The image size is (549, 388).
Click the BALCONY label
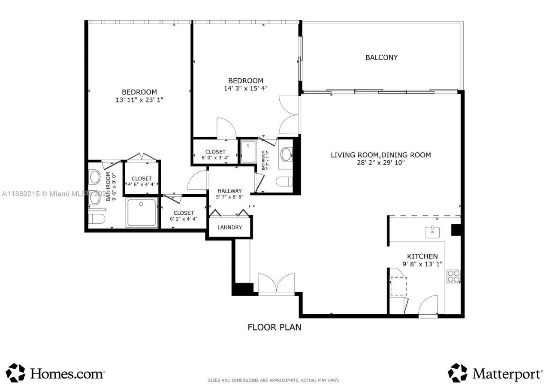tap(381, 57)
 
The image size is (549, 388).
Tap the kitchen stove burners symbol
tap(453, 276)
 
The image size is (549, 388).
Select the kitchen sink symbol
tap(432, 232)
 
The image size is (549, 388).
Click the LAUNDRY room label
tap(229, 227)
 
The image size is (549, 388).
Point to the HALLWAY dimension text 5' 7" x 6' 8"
tap(229, 197)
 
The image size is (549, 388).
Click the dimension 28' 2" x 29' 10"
tap(380, 162)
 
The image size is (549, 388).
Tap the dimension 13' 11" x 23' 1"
tap(139, 99)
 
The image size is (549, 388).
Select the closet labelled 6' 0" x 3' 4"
tap(215, 155)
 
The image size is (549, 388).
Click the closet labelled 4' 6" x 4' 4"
tap(142, 182)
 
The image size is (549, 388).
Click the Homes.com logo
tap(55, 373)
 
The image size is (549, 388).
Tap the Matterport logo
tap(495, 373)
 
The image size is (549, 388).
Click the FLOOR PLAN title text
tap(274, 327)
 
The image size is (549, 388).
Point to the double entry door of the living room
tap(276, 283)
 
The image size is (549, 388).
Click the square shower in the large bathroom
tap(142, 212)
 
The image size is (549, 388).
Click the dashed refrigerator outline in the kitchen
tap(398, 286)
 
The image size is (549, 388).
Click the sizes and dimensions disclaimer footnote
tap(273, 380)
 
